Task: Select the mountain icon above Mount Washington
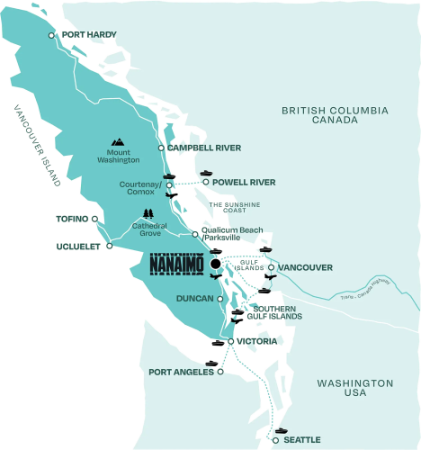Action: click(117, 141)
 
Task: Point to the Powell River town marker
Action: click(206, 181)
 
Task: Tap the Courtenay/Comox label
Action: click(139, 187)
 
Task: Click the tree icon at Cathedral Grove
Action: click(147, 215)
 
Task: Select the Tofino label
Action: click(71, 218)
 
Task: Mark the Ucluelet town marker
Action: click(109, 246)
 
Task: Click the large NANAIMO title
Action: click(175, 267)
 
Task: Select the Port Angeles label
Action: click(180, 371)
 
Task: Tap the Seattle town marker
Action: click(276, 439)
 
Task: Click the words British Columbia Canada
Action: click(334, 115)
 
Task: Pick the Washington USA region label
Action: click(355, 388)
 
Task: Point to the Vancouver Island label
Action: click(36, 144)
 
